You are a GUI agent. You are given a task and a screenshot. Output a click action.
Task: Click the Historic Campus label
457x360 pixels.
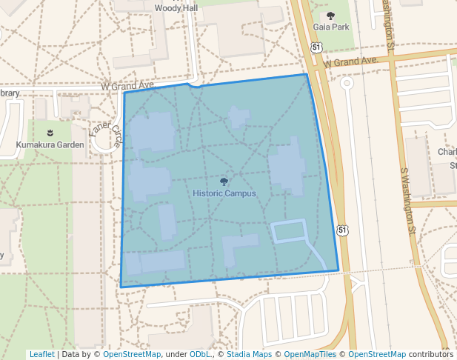tap(224, 193)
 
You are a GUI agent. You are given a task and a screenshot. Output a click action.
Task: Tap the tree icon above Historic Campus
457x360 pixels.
tap(224, 181)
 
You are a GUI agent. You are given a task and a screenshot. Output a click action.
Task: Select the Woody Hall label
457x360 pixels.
tap(176, 8)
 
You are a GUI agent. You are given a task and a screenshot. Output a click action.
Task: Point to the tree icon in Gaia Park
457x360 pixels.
tap(330, 15)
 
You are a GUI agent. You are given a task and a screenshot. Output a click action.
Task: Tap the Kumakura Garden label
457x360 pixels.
tap(50, 144)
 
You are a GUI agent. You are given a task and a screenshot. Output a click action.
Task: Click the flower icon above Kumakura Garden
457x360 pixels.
tap(50, 133)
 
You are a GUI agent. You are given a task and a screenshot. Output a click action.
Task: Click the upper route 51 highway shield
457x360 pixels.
tap(316, 47)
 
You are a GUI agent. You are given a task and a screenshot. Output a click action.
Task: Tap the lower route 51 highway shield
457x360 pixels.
tap(341, 230)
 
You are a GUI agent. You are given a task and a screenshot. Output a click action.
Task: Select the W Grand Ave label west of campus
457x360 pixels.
tap(127, 86)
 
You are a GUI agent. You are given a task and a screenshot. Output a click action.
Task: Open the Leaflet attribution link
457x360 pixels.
tap(41, 354)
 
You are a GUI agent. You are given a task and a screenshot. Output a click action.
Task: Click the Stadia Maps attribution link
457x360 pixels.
tap(249, 354)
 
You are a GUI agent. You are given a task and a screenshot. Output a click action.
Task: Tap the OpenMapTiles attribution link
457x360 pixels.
tap(310, 354)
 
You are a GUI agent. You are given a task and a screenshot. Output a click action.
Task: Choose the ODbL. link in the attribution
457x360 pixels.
tap(200, 354)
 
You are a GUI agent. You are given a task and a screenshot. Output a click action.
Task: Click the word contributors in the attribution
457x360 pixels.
tap(430, 354)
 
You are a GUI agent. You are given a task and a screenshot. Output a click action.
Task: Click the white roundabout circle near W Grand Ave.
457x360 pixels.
tap(346, 84)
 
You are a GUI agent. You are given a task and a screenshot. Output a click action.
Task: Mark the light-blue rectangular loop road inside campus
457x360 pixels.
tap(289, 231)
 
